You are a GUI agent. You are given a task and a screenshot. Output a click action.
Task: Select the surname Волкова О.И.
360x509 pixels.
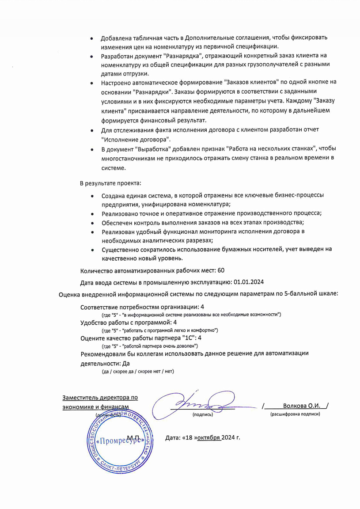tap(302, 406)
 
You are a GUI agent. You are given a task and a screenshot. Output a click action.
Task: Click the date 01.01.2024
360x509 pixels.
tap(249, 282)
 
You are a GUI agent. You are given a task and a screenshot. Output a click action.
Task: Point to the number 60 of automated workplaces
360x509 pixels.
tap(221, 270)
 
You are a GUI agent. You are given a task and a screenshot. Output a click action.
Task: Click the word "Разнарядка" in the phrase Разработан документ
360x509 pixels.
tap(183, 56)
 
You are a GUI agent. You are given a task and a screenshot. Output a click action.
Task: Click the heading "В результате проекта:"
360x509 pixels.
tap(110, 183)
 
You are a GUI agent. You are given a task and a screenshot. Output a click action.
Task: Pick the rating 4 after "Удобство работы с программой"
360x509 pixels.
tap(175, 322)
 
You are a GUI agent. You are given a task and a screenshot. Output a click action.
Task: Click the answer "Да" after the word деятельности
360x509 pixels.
tap(126, 364)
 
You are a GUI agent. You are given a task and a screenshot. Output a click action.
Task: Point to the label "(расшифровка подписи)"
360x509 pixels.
tap(295, 414)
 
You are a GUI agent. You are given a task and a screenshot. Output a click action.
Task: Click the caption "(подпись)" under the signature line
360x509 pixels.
tap(202, 414)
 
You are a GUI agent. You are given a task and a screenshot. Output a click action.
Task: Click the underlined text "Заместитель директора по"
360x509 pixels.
tap(100, 397)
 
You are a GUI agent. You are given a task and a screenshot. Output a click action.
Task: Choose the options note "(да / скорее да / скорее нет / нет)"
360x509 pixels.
tap(137, 372)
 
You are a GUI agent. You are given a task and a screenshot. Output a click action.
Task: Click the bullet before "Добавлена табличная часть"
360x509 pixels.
tap(91, 38)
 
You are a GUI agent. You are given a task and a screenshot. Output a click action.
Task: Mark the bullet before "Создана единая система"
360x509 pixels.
tap(92, 196)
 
